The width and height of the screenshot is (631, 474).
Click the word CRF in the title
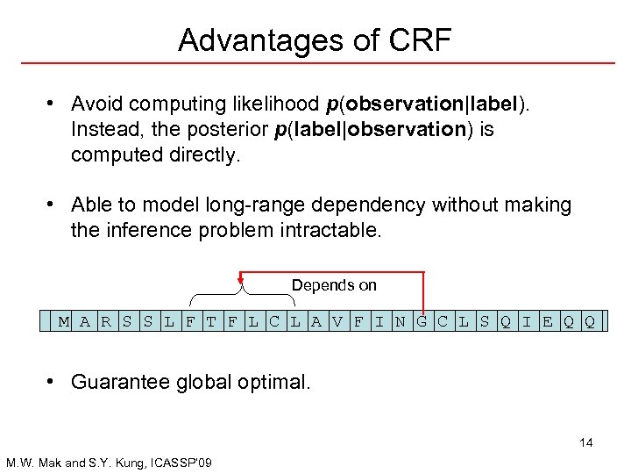click(418, 39)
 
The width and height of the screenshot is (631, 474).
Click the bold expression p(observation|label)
click(426, 104)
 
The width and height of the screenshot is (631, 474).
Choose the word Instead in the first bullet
click(102, 130)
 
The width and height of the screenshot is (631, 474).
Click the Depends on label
click(334, 285)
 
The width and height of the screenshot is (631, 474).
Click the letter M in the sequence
click(63, 321)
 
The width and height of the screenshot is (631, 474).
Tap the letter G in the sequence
click(422, 321)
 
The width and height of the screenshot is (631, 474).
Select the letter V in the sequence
click(337, 321)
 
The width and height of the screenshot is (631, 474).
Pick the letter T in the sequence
click(210, 321)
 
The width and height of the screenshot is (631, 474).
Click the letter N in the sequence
click(400, 321)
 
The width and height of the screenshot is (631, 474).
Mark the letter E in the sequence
click(547, 321)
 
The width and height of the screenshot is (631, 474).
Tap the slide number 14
click(585, 442)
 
